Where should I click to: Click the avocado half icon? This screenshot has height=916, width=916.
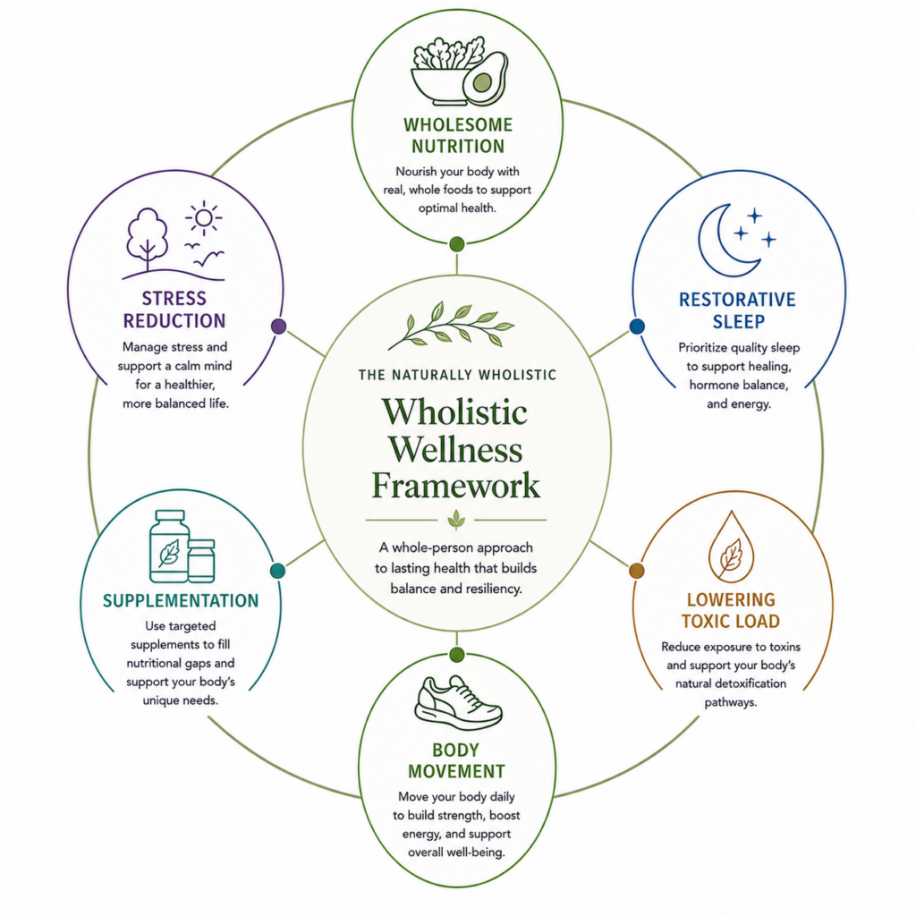pyautogui.click(x=485, y=79)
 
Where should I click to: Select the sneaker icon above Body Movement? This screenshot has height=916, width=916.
pyautogui.click(x=458, y=703)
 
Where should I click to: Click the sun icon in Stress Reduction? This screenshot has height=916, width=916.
pyautogui.click(x=204, y=218)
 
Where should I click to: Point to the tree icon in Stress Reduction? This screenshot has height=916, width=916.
pyautogui.click(x=148, y=240)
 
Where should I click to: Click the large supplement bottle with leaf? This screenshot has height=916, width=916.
pyautogui.click(x=169, y=547)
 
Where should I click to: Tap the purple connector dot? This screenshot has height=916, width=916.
pyautogui.click(x=279, y=326)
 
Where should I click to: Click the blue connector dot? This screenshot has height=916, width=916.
pyautogui.click(x=637, y=326)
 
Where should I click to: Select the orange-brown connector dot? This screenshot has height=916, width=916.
pyautogui.click(x=636, y=571)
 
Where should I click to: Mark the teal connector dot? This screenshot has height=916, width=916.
pyautogui.click(x=278, y=571)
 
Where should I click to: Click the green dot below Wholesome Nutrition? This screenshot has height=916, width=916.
pyautogui.click(x=457, y=244)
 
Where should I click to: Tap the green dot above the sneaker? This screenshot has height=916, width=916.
pyautogui.click(x=457, y=655)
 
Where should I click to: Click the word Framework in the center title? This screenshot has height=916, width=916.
pyautogui.click(x=455, y=486)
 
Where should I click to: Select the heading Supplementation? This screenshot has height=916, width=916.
pyautogui.click(x=181, y=601)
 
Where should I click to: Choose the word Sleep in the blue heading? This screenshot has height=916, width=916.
pyautogui.click(x=738, y=322)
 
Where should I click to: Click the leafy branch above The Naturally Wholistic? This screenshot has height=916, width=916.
pyautogui.click(x=451, y=325)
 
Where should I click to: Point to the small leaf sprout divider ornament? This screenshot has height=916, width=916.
pyautogui.click(x=456, y=519)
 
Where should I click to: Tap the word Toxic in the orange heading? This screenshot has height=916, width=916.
pyautogui.click(x=705, y=621)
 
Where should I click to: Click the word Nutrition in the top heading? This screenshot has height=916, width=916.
pyautogui.click(x=458, y=146)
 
